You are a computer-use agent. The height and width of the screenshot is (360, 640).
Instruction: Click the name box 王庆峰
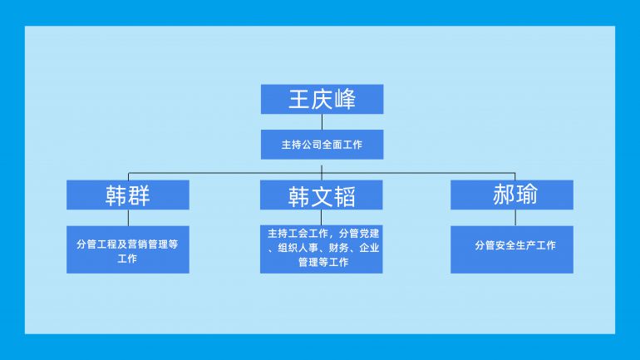click(322, 99)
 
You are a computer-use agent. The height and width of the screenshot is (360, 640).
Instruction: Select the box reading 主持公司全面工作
click(322, 145)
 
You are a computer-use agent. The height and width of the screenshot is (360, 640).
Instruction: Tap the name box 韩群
click(128, 195)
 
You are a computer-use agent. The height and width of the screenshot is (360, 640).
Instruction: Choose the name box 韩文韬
click(321, 195)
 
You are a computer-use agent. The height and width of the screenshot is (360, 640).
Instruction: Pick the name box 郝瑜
click(512, 195)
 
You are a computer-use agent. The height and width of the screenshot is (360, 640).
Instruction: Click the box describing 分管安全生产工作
click(512, 249)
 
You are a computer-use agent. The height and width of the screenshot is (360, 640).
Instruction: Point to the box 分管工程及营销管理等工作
click(128, 249)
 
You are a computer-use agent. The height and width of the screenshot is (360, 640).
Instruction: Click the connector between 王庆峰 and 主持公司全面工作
click(322, 122)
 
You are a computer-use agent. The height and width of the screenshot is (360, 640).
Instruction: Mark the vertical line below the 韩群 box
click(128, 218)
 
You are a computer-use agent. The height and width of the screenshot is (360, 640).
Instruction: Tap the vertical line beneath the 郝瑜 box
click(515, 218)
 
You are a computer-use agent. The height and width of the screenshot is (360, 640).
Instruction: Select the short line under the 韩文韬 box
click(321, 218)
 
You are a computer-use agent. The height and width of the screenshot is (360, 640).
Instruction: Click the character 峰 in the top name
click(345, 100)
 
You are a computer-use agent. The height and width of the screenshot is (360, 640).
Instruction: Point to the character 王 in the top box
click(298, 100)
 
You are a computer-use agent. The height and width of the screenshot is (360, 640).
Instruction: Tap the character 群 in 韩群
click(139, 195)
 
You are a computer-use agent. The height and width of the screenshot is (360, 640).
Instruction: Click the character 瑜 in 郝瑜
click(526, 194)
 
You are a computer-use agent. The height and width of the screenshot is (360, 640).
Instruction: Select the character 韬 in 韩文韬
click(345, 197)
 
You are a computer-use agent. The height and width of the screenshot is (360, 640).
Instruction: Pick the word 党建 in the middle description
click(369, 234)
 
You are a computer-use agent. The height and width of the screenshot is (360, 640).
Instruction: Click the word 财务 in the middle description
click(339, 248)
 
